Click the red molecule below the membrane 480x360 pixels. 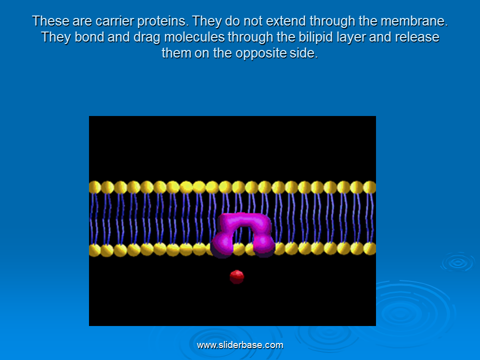237,276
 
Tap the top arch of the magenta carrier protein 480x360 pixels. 245,221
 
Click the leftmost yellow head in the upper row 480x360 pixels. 94,187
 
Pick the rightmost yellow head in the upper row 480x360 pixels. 370,187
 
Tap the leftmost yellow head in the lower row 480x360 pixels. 94,250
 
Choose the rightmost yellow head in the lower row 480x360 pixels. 370,249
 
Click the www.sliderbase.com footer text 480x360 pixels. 240,345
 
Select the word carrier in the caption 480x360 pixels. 114,21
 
